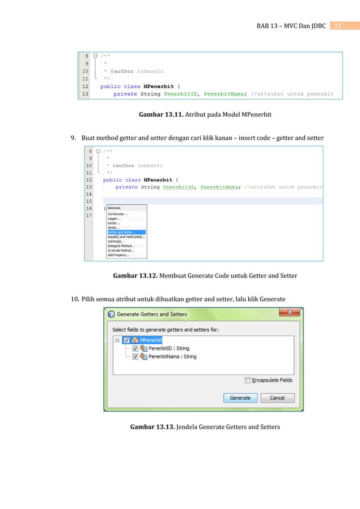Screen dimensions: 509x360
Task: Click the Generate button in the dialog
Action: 240,398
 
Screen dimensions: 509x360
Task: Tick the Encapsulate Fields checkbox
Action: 248,380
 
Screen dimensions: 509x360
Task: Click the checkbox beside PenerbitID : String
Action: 135,349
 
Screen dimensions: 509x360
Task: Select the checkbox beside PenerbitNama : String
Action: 135,357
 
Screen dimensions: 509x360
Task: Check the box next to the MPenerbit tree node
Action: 126,340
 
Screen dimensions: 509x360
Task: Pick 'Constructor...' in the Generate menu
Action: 117,214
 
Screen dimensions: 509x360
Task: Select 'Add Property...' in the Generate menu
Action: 118,255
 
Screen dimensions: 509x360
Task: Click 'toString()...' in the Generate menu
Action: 116,242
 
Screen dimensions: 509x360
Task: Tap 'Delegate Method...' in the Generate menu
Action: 121,246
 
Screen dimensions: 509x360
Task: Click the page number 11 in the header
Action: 338,26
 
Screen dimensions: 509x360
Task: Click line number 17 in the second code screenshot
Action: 89,216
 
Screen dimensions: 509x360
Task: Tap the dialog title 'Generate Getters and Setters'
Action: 152,314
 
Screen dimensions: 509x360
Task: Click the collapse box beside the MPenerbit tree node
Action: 117,340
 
